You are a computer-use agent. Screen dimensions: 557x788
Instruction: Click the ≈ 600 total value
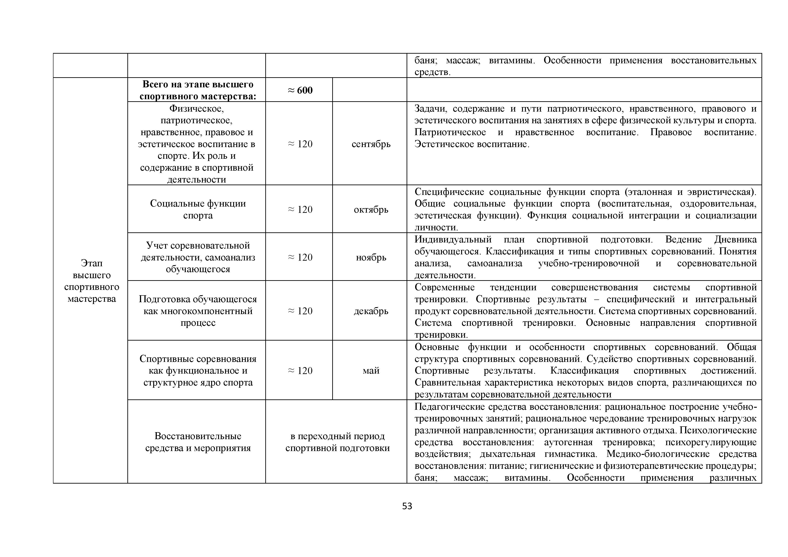click(300, 90)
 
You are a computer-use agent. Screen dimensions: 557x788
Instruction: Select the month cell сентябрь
click(371, 144)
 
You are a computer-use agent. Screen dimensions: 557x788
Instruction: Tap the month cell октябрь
click(371, 209)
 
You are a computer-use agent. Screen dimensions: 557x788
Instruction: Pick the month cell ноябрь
click(371, 257)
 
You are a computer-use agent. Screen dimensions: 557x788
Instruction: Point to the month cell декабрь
click(371, 311)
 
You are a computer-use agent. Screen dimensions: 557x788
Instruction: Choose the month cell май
click(371, 371)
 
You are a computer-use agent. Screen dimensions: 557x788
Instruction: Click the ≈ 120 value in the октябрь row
click(300, 209)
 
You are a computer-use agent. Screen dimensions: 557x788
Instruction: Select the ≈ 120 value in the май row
click(300, 371)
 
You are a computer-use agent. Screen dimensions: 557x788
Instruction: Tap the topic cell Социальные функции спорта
click(198, 209)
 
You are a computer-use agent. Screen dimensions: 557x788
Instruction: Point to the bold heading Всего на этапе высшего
click(198, 84)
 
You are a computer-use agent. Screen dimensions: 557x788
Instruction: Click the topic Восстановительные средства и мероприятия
click(198, 442)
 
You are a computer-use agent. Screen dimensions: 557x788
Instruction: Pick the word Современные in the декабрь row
click(445, 287)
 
